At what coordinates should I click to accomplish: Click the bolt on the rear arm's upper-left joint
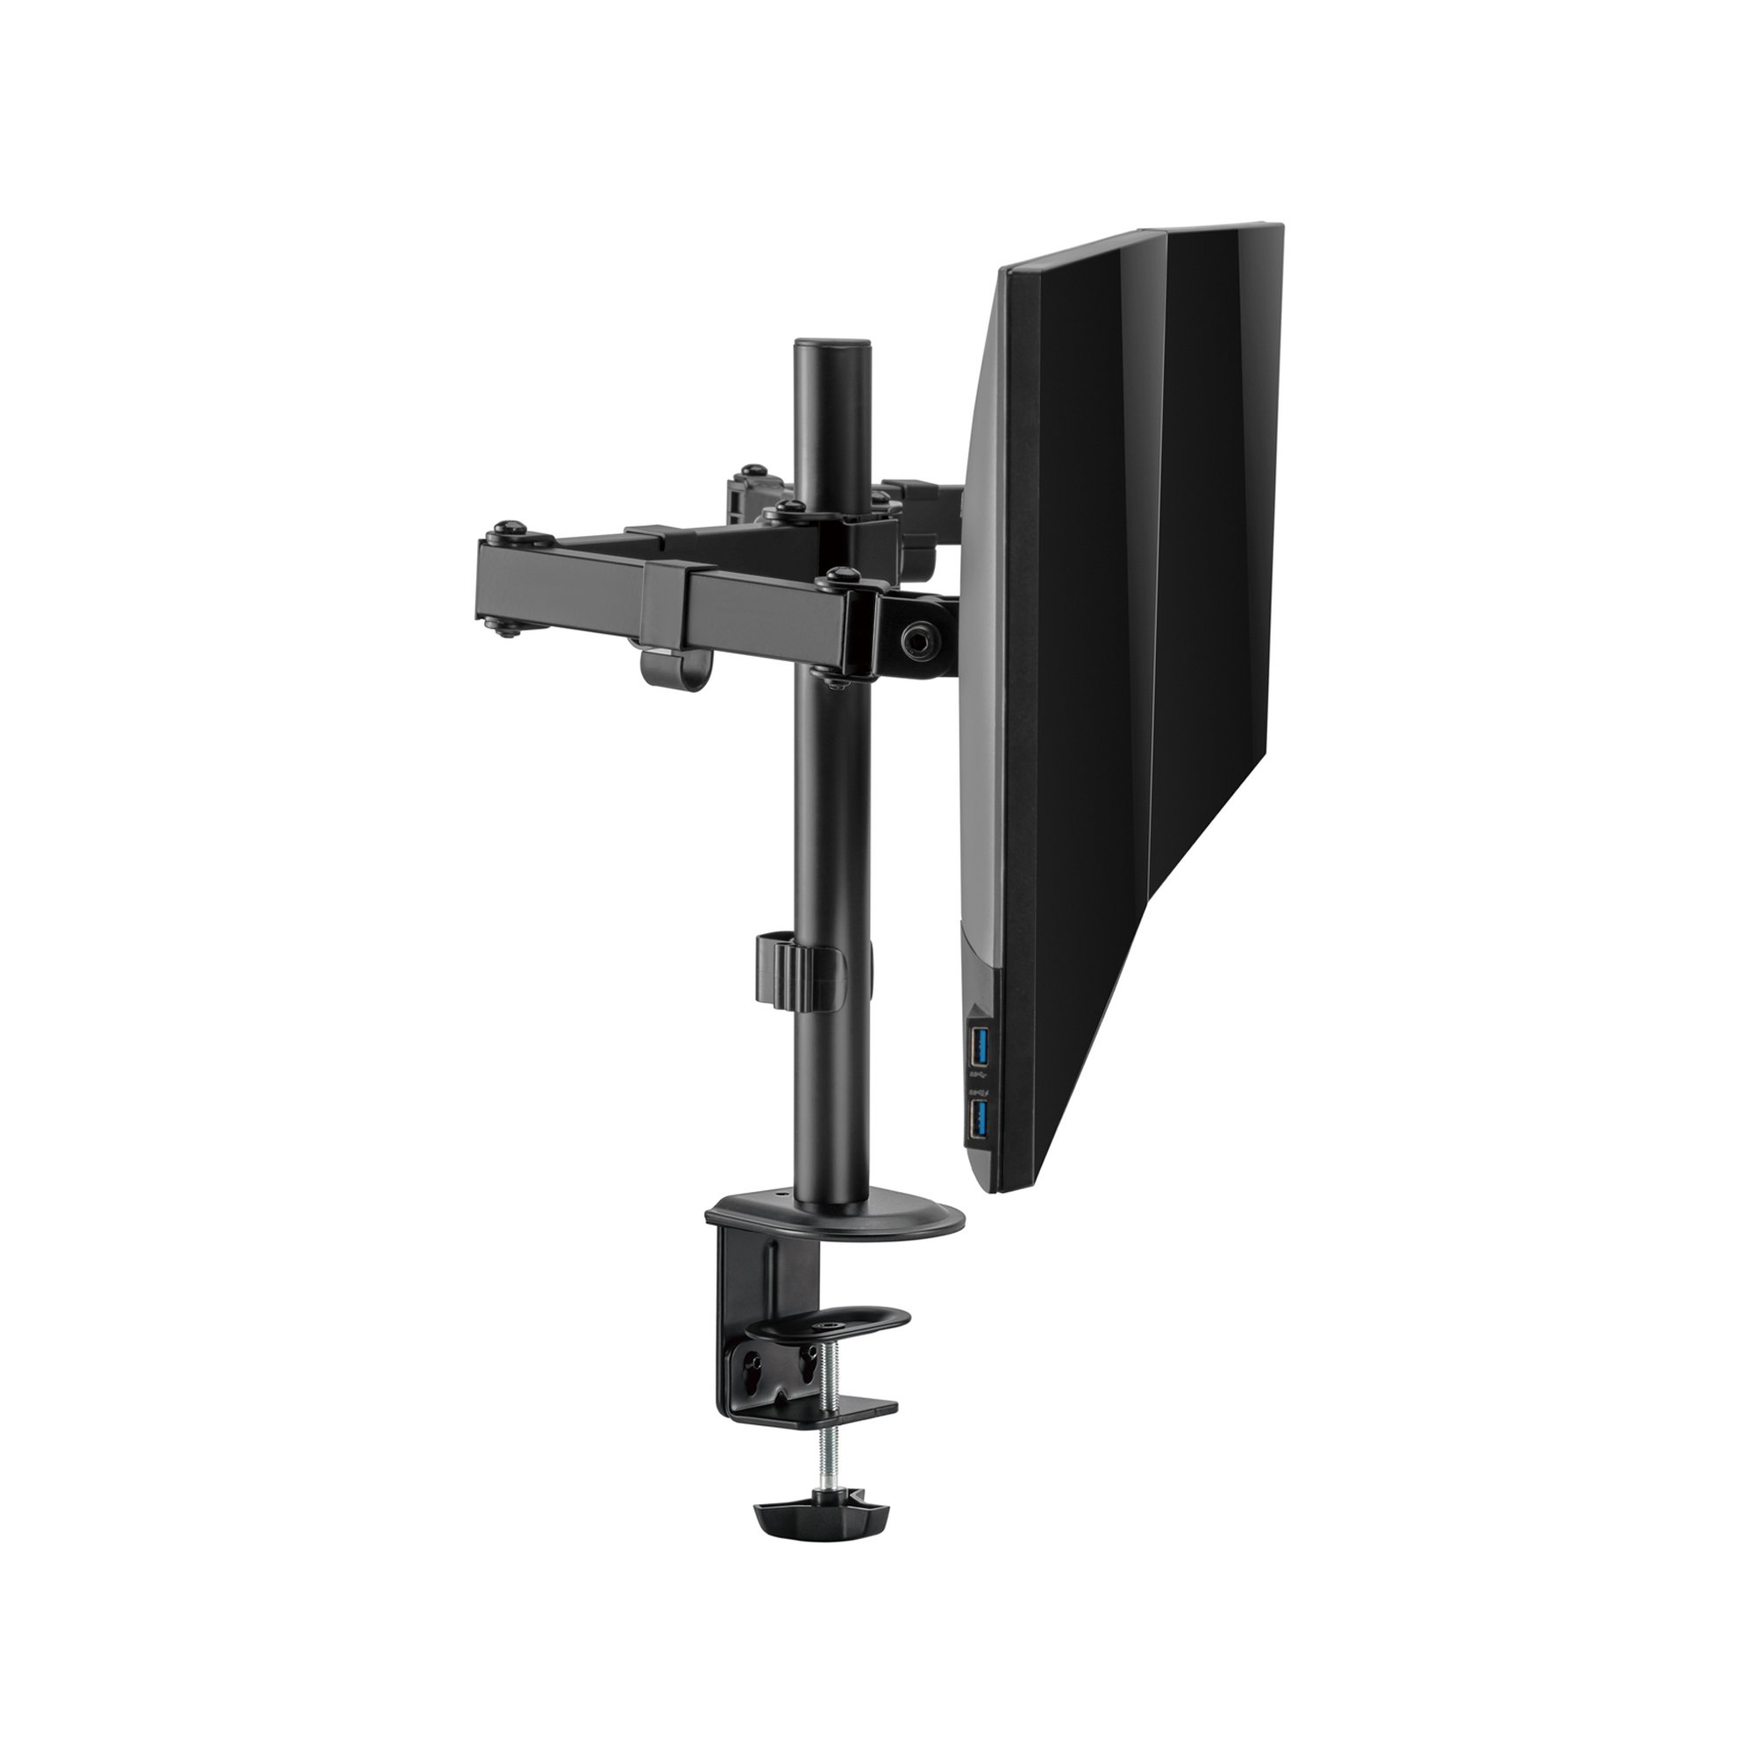[751, 472]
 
